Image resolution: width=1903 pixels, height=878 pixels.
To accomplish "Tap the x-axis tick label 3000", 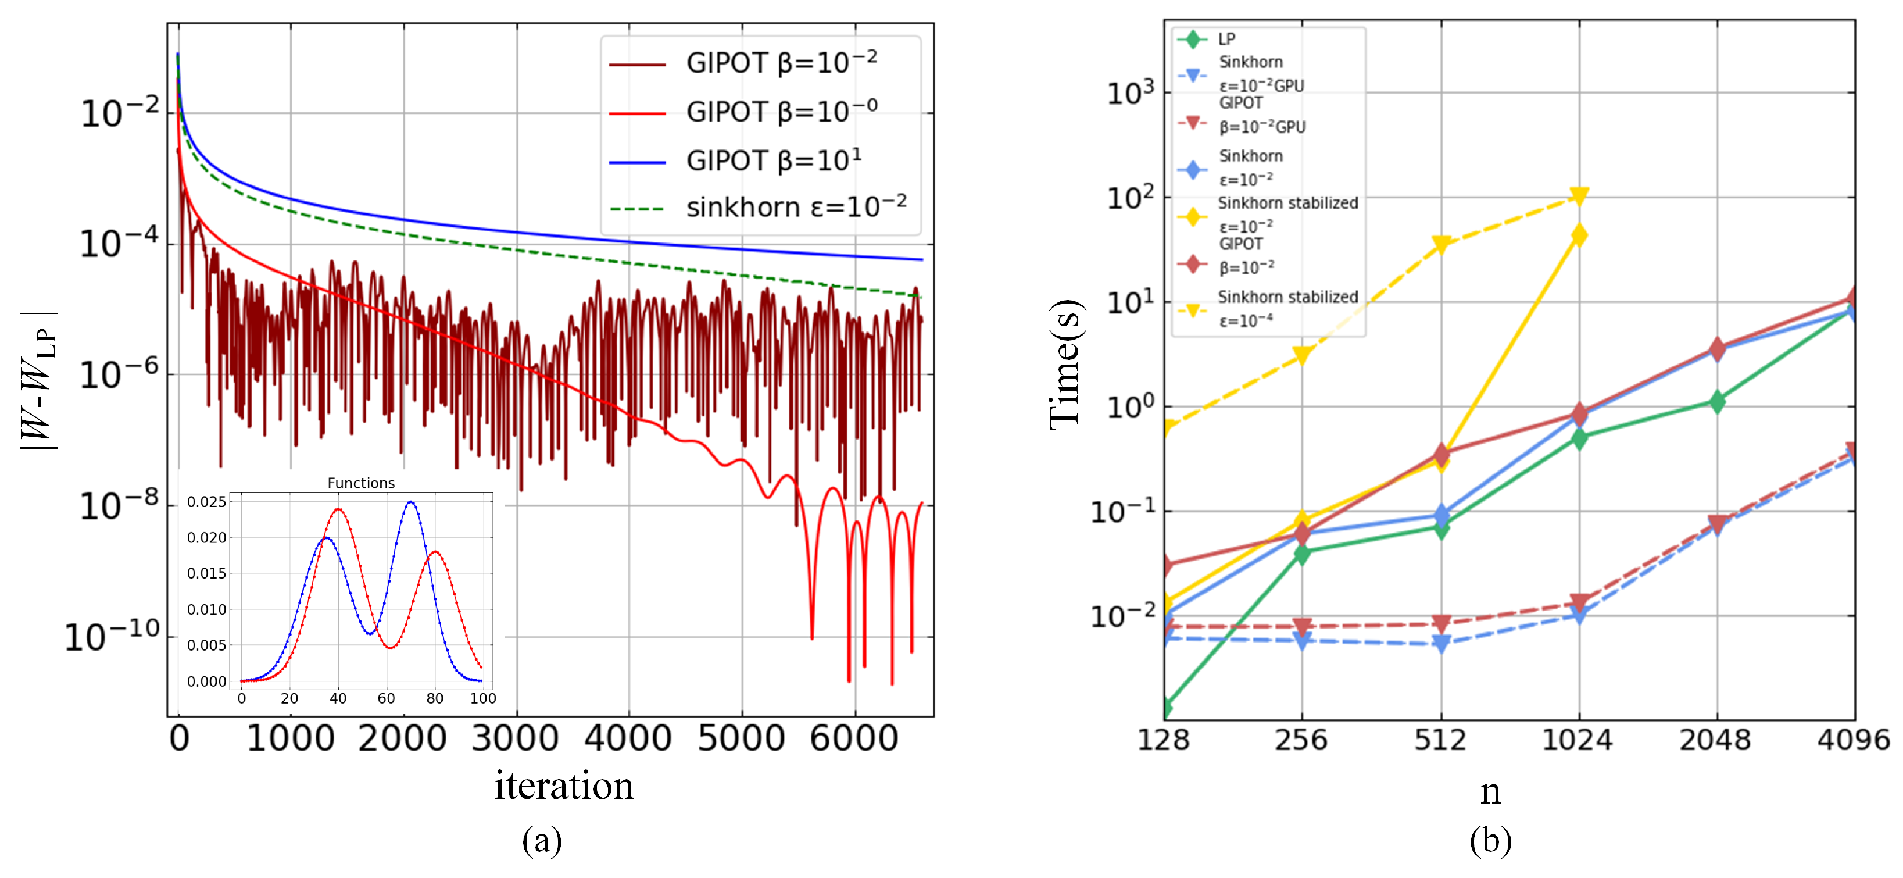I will click(x=515, y=738).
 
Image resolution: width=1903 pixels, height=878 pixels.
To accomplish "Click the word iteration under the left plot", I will click(x=564, y=785).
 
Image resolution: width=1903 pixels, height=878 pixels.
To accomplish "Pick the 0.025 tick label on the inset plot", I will click(x=206, y=502).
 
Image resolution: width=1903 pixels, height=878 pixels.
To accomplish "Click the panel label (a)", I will click(x=542, y=841).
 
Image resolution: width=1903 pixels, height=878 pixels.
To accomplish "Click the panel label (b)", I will click(x=1490, y=841).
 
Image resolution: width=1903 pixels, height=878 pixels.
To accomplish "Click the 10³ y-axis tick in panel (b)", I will click(x=1129, y=93).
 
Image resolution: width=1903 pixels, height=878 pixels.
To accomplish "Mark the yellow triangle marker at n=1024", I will click(x=1579, y=196).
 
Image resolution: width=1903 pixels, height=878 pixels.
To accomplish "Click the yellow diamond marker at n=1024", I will click(x=1579, y=235).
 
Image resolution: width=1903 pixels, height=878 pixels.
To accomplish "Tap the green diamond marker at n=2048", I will click(x=1717, y=402).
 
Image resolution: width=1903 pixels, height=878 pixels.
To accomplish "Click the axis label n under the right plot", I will click(x=1490, y=791).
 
